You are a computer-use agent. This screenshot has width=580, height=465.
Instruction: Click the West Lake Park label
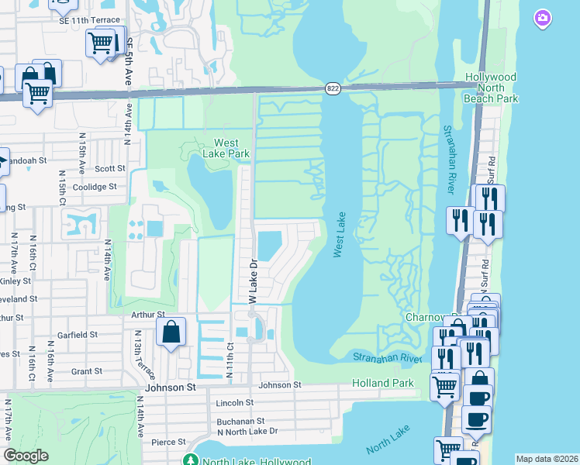232,148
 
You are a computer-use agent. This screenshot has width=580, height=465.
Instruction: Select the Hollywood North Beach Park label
490,88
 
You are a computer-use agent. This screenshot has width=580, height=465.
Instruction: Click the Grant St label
86,371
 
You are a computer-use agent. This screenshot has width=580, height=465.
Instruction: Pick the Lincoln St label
235,403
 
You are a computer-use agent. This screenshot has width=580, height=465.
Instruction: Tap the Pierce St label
168,443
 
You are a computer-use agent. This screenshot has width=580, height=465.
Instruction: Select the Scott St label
110,168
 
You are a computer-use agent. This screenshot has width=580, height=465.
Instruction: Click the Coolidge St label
94,187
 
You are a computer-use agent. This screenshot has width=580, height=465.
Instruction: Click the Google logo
26,456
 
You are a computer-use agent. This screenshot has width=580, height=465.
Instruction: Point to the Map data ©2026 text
547,459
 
